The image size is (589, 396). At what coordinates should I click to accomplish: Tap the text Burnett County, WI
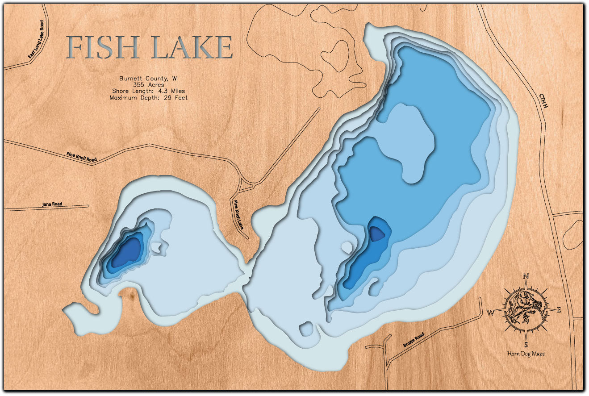(148, 78)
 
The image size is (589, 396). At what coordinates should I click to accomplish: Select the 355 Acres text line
(148, 84)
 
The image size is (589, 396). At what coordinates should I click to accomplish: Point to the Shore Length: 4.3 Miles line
(148, 91)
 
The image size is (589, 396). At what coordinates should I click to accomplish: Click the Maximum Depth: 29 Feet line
(148, 97)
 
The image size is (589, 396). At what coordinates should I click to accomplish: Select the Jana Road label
(52, 204)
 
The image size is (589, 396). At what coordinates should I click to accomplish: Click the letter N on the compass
(526, 276)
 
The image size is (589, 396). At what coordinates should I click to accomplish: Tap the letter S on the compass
(526, 344)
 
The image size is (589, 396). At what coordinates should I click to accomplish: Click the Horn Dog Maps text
(526, 354)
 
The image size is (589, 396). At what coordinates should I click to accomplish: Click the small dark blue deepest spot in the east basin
(377, 233)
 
